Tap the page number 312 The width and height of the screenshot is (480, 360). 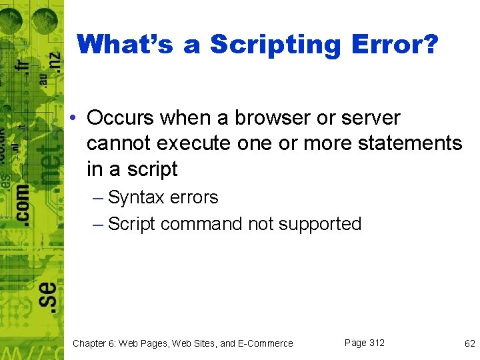tap(376, 343)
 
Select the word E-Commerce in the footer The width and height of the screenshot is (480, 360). tap(265, 343)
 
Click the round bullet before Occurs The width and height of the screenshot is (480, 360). tap(77, 119)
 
